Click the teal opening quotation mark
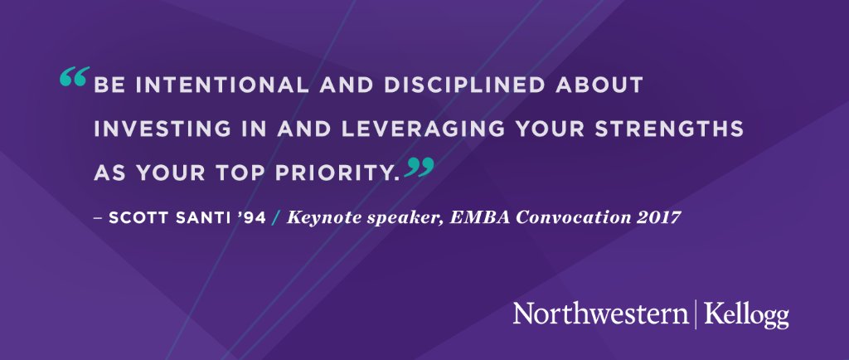[75, 80]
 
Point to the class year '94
[249, 218]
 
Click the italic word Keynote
[318, 218]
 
